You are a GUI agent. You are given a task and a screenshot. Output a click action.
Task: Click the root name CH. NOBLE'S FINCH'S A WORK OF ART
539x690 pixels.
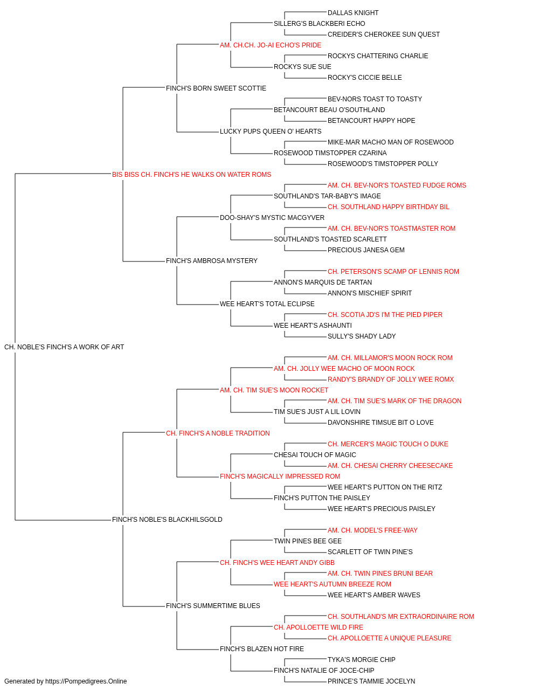(x=64, y=347)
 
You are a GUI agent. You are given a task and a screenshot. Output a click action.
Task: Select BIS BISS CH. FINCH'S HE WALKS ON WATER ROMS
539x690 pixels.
(x=191, y=175)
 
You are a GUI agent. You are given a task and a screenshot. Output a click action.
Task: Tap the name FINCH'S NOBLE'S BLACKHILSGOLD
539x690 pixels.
(x=167, y=520)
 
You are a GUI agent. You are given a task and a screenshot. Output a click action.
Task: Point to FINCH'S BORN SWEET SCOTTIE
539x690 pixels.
(x=216, y=88)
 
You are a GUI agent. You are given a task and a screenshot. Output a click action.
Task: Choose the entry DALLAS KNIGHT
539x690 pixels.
(x=353, y=13)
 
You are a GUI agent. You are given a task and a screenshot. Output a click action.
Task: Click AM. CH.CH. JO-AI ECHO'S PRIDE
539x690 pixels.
(x=271, y=45)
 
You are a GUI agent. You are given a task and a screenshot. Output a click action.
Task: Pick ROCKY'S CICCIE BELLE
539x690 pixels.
(x=365, y=78)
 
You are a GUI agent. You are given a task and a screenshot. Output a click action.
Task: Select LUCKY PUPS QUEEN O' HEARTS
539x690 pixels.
(x=271, y=132)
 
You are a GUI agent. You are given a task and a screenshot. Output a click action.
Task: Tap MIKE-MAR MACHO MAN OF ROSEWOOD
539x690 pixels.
(x=390, y=142)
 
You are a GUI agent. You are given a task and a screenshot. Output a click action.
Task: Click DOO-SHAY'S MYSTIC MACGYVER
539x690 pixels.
(x=272, y=218)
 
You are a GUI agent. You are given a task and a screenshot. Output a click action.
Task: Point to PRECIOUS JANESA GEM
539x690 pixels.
(x=366, y=250)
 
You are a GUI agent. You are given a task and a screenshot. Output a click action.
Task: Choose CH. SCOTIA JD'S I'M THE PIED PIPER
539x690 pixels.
(x=385, y=315)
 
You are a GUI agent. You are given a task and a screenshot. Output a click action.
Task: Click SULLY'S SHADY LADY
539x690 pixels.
(x=362, y=336)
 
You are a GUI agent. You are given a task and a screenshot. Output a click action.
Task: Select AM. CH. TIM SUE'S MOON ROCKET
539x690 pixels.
(x=274, y=390)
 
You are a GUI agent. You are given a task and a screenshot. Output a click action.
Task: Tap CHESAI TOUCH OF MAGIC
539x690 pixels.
(x=315, y=455)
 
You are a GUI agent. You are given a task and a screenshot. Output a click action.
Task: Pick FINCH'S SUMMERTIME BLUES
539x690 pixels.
(x=213, y=606)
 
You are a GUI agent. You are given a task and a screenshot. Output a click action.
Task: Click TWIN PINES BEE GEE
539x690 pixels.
(x=308, y=541)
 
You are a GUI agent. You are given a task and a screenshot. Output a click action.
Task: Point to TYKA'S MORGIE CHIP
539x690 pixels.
(x=362, y=660)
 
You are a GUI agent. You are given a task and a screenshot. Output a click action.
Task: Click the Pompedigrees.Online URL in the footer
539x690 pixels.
(x=86, y=681)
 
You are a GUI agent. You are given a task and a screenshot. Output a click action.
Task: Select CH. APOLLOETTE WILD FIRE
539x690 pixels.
(x=319, y=627)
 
